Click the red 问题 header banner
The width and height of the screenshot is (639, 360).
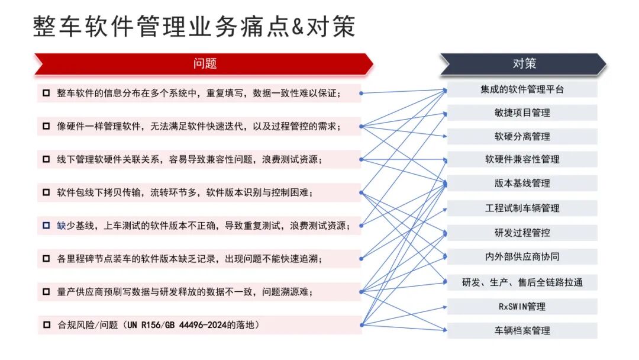pyautogui.click(x=204, y=64)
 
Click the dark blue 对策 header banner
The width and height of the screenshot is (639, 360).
pyautogui.click(x=523, y=64)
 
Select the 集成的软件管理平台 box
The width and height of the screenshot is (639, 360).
pyautogui.click(x=522, y=89)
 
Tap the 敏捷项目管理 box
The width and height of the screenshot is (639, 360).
pyautogui.click(x=522, y=112)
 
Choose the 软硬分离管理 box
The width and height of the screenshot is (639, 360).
pyautogui.click(x=522, y=136)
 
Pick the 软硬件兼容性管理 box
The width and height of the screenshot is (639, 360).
pyautogui.click(x=522, y=159)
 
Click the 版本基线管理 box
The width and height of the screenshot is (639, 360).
pyautogui.click(x=522, y=184)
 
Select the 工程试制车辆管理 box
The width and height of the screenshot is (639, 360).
pyautogui.click(x=522, y=208)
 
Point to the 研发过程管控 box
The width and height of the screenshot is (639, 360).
pyautogui.click(x=522, y=233)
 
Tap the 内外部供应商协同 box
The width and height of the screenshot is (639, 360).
pyautogui.click(x=522, y=257)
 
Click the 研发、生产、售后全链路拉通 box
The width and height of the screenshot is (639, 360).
pyautogui.click(x=522, y=282)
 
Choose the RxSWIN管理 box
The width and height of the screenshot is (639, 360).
pyautogui.click(x=522, y=306)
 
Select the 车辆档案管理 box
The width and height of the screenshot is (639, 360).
pyautogui.click(x=522, y=330)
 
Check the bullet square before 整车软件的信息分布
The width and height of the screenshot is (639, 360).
pyautogui.click(x=46, y=93)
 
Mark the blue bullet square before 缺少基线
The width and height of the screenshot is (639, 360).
pyautogui.click(x=46, y=226)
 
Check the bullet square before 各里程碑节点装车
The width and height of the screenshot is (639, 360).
pyautogui.click(x=46, y=259)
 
